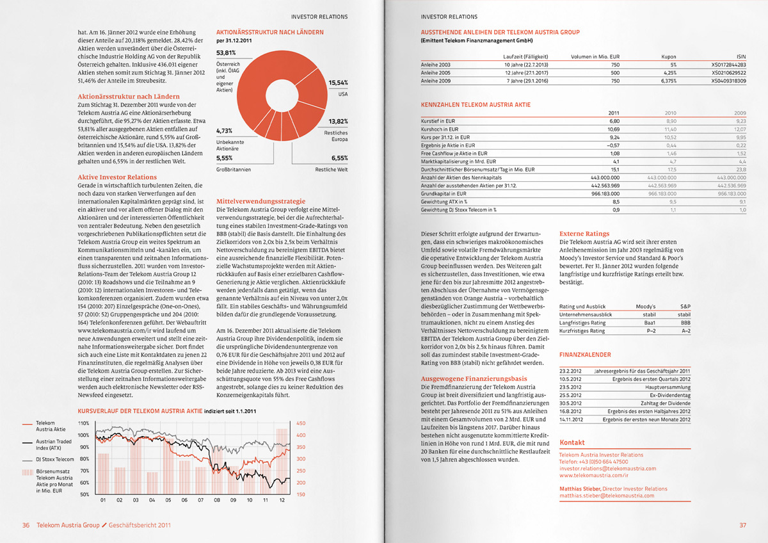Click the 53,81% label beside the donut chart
tap(227, 53)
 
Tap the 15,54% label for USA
tap(338, 83)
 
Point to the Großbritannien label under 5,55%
tap(234, 170)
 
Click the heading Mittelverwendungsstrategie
tap(260, 200)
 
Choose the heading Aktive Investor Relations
tap(117, 177)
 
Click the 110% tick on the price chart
tap(83, 423)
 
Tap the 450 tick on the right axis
tap(301, 423)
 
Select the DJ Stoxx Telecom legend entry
tap(54, 459)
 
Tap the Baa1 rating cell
tap(649, 323)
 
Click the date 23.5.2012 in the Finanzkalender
tap(570, 387)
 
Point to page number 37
tap(742, 525)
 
